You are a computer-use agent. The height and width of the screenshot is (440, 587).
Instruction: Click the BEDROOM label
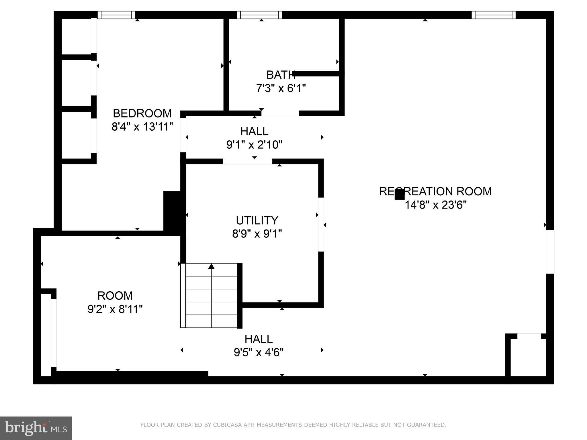142,113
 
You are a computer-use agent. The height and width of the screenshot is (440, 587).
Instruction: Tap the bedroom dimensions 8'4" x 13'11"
142,127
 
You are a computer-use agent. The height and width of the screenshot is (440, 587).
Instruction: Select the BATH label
281,75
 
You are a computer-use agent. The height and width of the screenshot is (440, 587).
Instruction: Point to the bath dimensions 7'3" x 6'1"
281,88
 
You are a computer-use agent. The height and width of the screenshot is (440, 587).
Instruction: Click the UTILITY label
257,220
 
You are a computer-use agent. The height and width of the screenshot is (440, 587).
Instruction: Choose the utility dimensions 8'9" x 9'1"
257,234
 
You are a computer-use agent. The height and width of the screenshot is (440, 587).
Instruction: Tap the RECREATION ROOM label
435,191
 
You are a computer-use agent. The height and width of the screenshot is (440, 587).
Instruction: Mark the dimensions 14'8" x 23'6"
435,205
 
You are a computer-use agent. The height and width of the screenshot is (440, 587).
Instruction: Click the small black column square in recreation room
399,195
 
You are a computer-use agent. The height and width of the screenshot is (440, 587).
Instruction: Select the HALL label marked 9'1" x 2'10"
254,131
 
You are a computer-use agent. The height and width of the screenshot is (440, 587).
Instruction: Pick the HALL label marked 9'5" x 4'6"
258,339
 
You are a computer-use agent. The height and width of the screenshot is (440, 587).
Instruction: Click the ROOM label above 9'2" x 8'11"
115,296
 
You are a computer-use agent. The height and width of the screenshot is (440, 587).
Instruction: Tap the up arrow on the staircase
211,266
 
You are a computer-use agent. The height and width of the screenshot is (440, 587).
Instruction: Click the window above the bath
259,15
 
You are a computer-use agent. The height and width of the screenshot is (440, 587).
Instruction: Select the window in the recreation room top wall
493,15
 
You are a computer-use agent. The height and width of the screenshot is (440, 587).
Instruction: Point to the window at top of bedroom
116,15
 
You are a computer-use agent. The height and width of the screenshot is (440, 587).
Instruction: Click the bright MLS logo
36,428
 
